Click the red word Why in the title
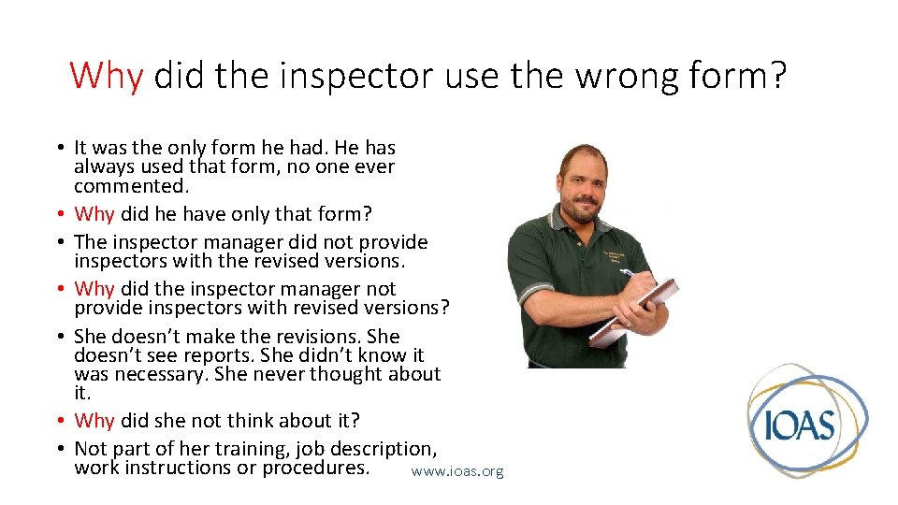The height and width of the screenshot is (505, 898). tap(106, 75)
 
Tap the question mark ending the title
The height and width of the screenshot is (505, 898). tap(778, 75)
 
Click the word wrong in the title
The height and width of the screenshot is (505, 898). tap(626, 75)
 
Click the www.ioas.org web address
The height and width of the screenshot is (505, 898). tap(457, 471)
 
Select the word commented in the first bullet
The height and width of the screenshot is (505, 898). tap(119, 186)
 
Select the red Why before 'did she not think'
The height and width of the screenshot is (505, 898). tap(94, 421)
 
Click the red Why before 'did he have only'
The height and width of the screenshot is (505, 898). tap(94, 214)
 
